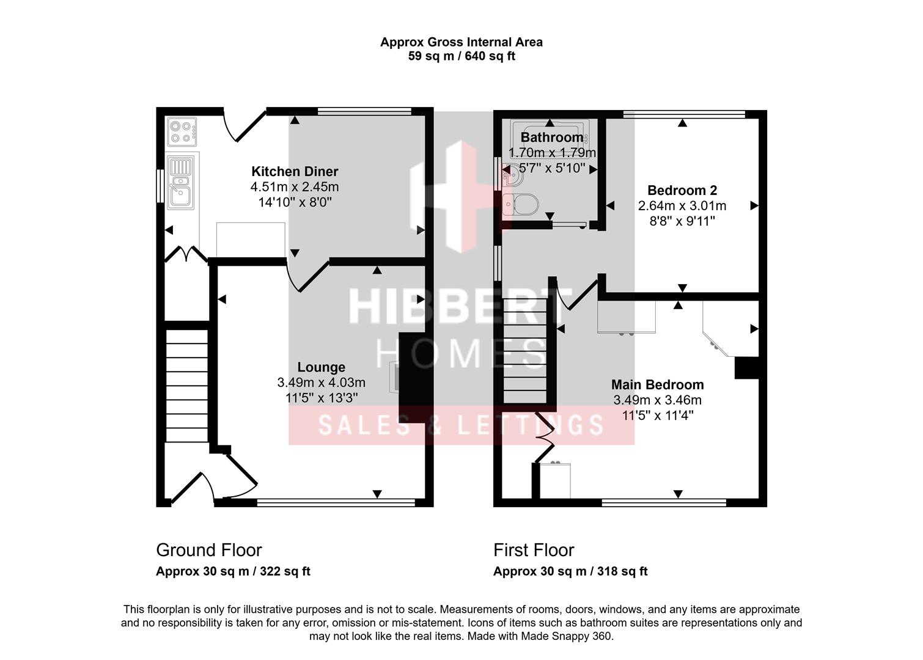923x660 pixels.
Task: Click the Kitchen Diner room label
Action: (x=295, y=172)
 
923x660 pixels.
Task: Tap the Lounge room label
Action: (x=321, y=367)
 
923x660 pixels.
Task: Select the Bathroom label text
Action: (x=551, y=137)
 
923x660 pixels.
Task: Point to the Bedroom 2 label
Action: (x=682, y=190)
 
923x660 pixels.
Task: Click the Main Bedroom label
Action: (x=657, y=384)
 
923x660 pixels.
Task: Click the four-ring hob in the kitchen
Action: (x=182, y=131)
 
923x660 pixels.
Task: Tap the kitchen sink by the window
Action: (x=180, y=182)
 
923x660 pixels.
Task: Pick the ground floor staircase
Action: (x=187, y=385)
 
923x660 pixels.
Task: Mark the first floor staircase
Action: (x=525, y=351)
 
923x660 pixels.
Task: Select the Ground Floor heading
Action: (x=209, y=550)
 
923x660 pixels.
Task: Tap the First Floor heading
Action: (x=534, y=550)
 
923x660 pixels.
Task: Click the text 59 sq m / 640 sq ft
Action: (x=461, y=56)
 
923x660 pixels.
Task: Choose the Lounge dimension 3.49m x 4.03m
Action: (x=321, y=383)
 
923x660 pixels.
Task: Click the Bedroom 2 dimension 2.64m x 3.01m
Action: (x=682, y=206)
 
